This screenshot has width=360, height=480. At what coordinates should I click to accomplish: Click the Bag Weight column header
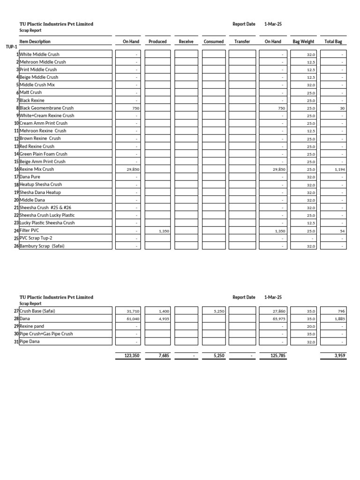coord(303,42)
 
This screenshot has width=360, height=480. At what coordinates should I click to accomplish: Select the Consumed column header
coord(214,42)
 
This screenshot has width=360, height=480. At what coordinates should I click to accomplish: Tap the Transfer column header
coord(242,42)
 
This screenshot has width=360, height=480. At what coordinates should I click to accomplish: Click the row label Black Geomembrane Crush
coord(46,108)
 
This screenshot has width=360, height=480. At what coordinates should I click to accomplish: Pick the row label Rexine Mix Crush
coord(37,169)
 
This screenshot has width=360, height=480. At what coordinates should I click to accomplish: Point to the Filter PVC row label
coord(30,231)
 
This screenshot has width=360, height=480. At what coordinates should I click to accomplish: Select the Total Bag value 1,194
coord(340,170)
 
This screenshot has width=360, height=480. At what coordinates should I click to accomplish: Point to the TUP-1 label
coord(11,47)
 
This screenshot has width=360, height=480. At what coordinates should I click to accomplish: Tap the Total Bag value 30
coord(342,108)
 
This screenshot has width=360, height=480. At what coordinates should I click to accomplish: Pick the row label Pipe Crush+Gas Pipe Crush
coord(46,334)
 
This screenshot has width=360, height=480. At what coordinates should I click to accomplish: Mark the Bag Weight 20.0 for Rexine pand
coord(311,326)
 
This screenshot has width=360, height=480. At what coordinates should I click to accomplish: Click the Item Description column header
coord(35,42)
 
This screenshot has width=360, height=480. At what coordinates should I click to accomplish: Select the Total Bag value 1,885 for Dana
coord(340,319)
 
